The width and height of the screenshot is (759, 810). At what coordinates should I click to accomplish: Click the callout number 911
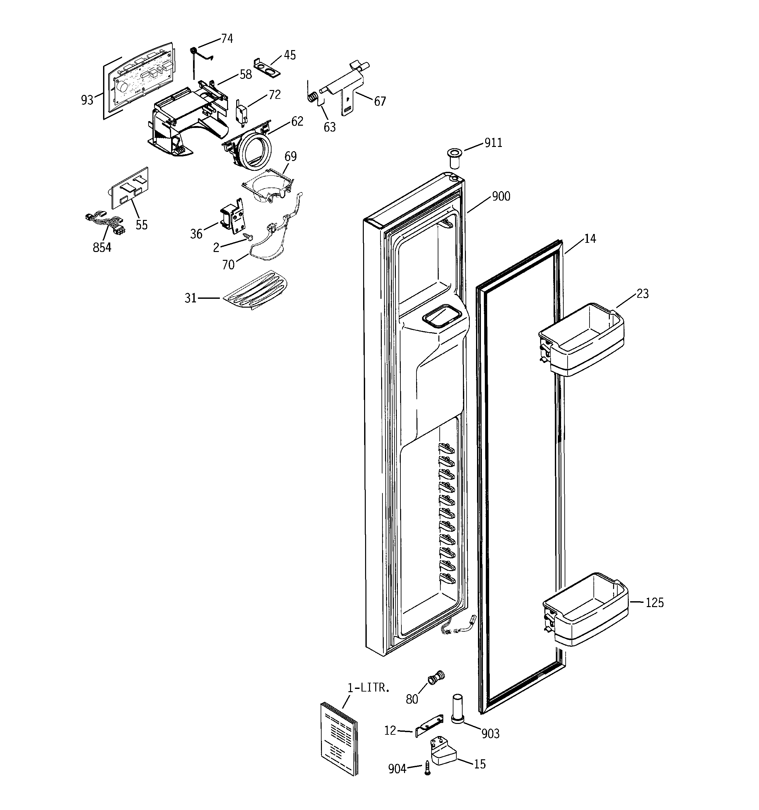pos(493,143)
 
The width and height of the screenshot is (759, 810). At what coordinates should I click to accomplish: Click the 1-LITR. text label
pos(368,688)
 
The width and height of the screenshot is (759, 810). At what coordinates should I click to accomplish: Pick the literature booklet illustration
pos(339,737)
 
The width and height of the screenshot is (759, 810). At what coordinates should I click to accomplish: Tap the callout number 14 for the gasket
pos(590,239)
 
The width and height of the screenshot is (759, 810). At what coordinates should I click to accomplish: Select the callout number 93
pos(87,100)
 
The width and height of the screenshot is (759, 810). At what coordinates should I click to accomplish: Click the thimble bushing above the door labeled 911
pos(453,158)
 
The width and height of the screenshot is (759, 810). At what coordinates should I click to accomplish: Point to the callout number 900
pos(501,196)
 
